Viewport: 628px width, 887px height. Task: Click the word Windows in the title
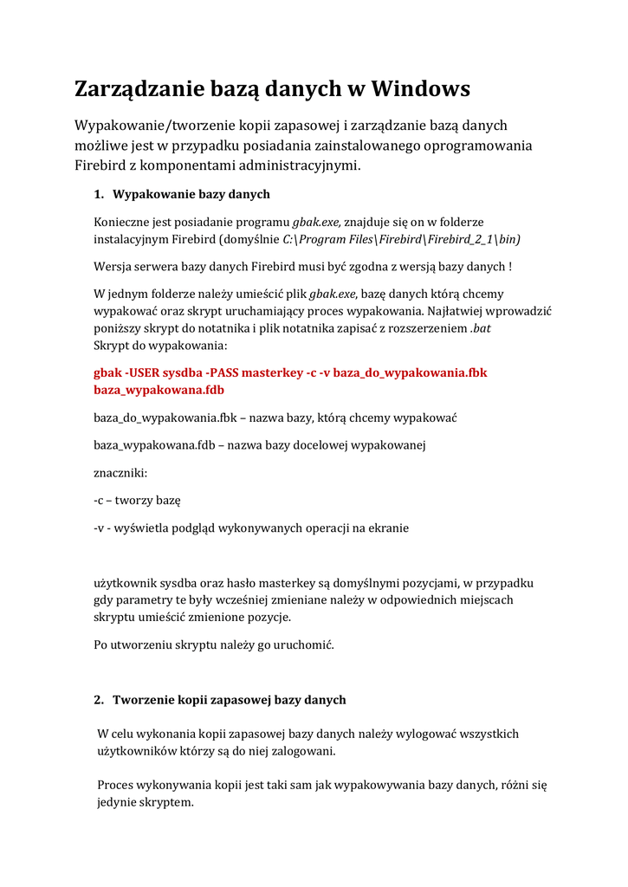tap(421, 88)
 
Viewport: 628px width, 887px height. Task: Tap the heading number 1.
tap(98, 194)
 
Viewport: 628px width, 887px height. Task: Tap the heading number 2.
tap(98, 700)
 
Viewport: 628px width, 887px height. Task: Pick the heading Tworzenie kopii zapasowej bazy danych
tap(230, 700)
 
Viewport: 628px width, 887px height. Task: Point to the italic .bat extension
tap(480, 329)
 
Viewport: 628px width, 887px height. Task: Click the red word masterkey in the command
tap(272, 372)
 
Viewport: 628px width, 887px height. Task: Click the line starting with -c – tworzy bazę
tap(137, 501)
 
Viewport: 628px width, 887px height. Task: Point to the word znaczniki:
tap(120, 473)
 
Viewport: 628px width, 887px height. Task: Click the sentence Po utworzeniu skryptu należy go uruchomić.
tap(213, 645)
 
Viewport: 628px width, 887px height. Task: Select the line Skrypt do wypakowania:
tap(159, 346)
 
